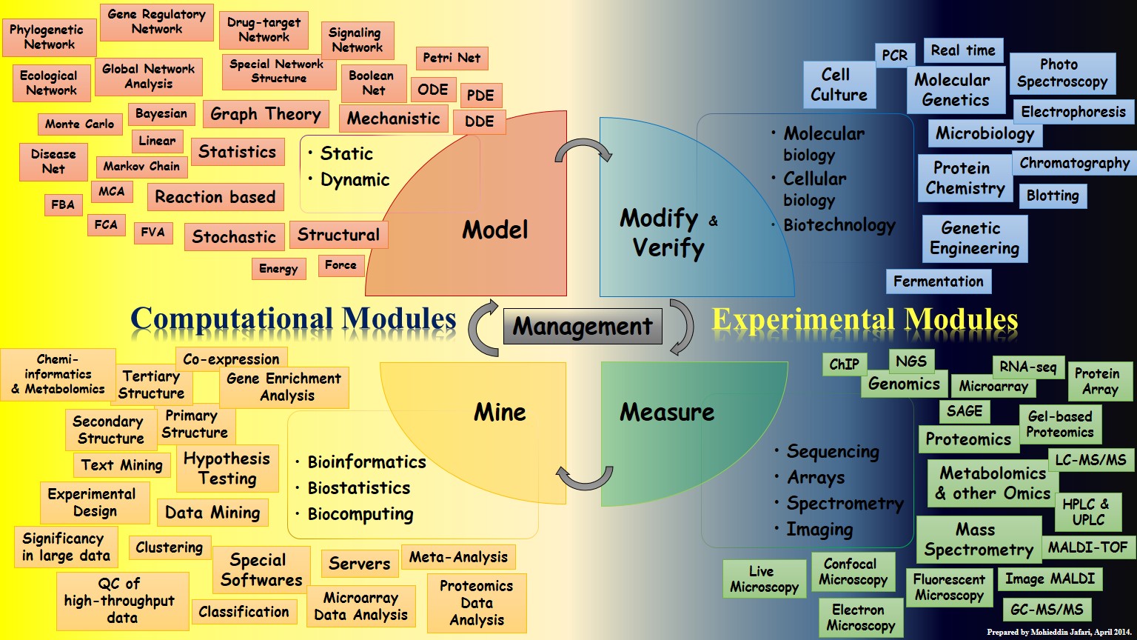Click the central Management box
coord(583,327)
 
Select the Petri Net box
coord(452,58)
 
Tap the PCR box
coord(895,56)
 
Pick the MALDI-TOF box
coord(1088,547)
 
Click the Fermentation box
coord(938,281)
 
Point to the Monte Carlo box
coord(79,124)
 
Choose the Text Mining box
coord(121,465)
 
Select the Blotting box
coord(1053,196)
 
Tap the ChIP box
coord(844,364)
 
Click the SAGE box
coord(965,411)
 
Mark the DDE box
coord(479,121)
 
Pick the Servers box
coord(359,564)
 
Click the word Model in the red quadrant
coord(495,230)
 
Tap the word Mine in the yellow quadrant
coord(500,413)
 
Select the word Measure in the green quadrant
coord(667,413)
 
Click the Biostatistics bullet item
coord(359,488)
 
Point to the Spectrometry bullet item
coord(845,504)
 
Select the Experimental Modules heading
coord(865,319)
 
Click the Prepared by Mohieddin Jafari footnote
coord(1059,633)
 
